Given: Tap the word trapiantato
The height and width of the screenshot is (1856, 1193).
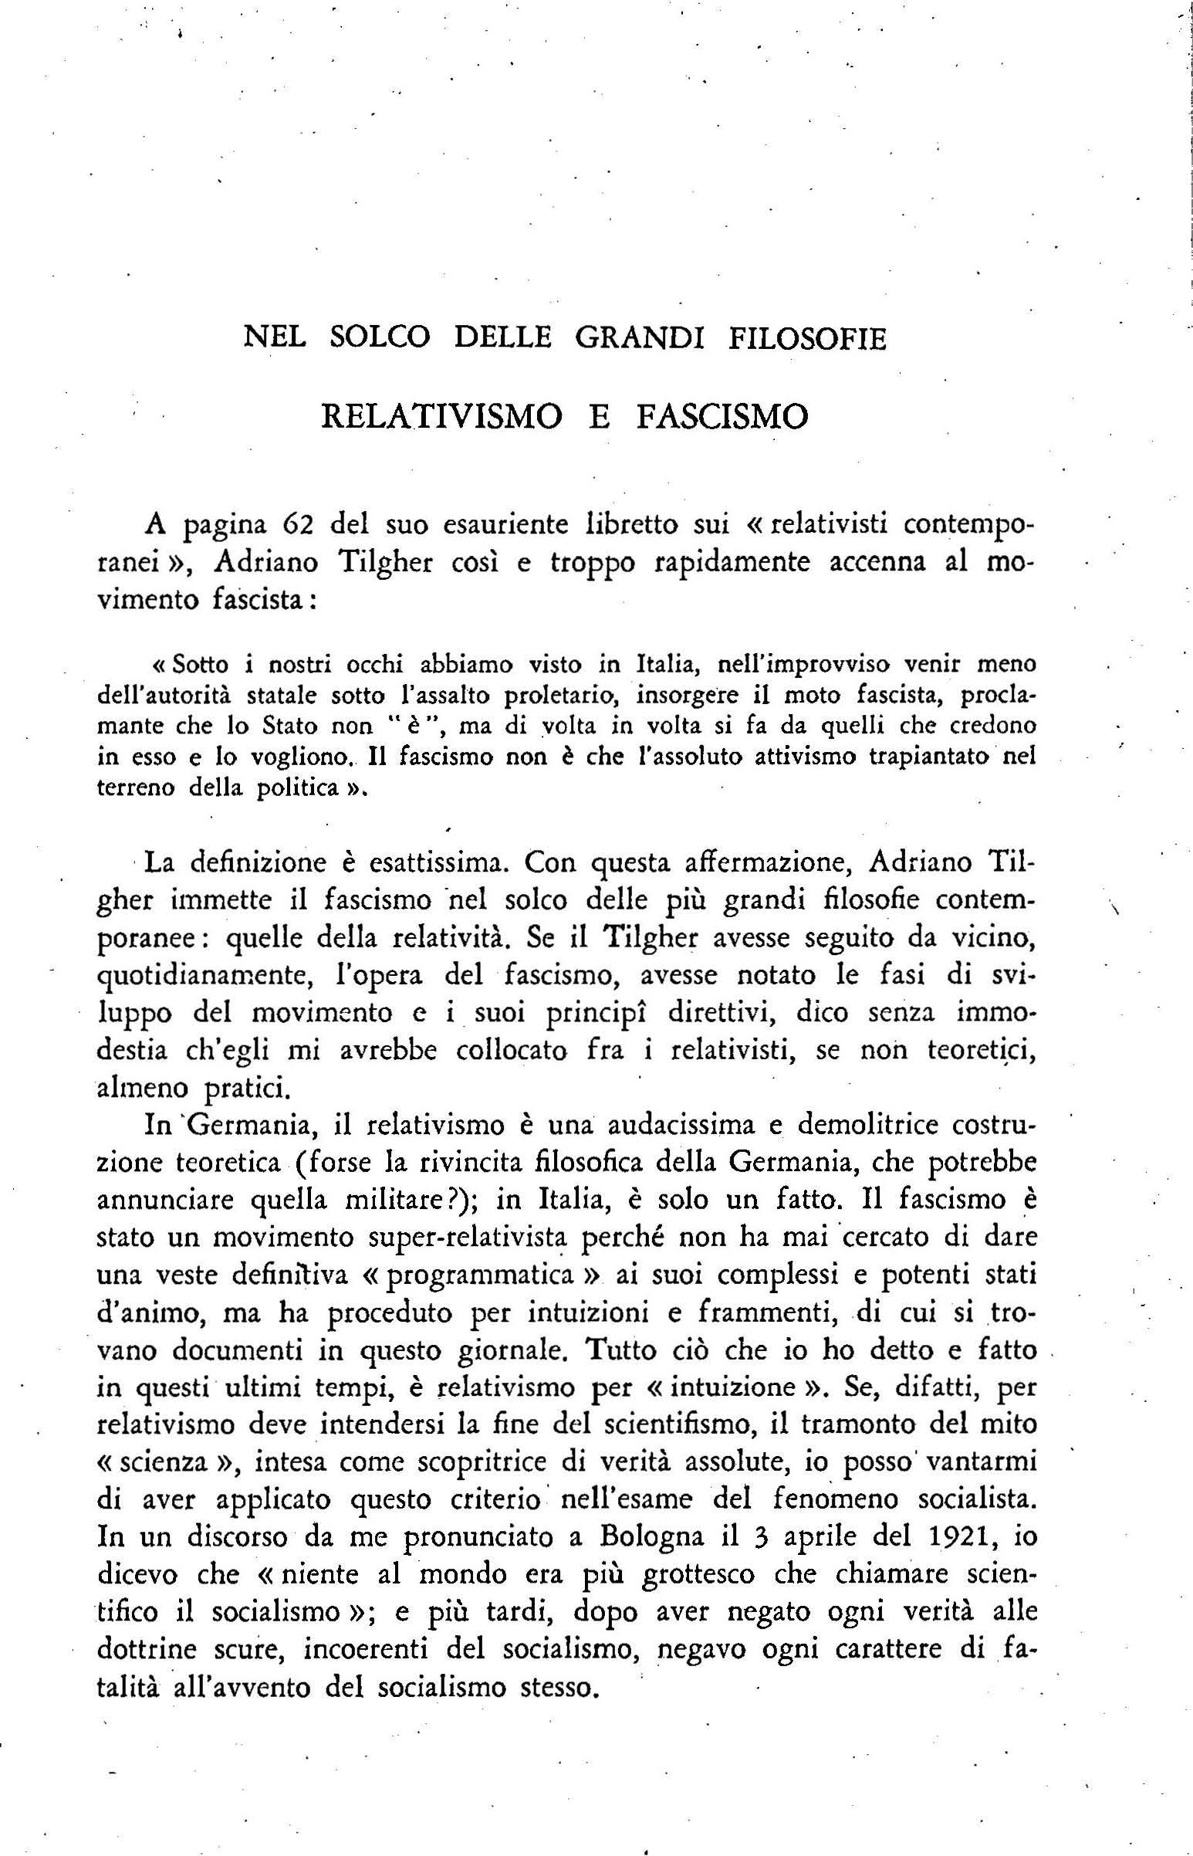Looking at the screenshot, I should pyautogui.click(x=930, y=757).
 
